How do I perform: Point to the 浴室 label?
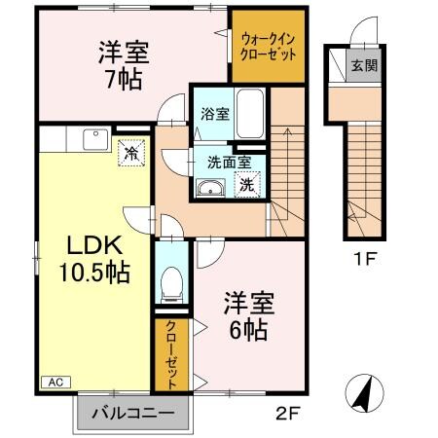click(213, 113)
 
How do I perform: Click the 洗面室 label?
click(229, 162)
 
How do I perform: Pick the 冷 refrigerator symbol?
click(130, 152)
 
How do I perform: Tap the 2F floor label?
click(284, 412)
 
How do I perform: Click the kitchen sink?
click(95, 140)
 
